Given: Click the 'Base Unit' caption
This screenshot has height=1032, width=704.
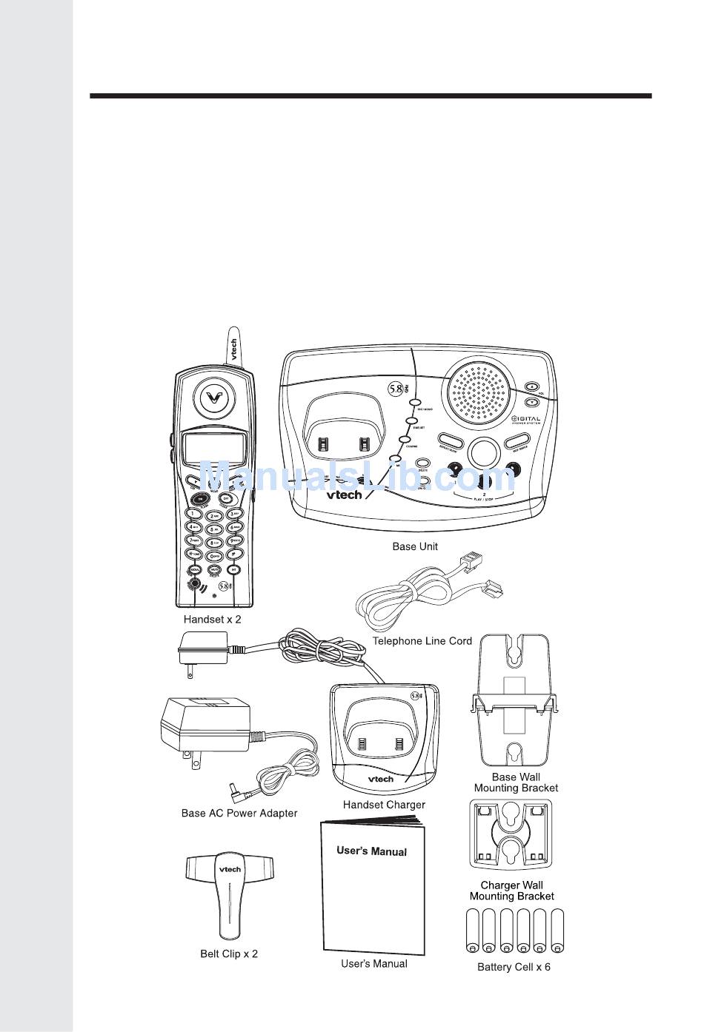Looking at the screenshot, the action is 414,546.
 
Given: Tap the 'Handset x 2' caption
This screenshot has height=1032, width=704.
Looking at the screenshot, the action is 212,619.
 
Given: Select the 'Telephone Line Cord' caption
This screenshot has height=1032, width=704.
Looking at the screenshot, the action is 422,641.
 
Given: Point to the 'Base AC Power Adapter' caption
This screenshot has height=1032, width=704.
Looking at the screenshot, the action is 239,813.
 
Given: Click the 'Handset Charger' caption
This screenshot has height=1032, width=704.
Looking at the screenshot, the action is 384,804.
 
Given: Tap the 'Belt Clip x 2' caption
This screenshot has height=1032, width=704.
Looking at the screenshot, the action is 229,954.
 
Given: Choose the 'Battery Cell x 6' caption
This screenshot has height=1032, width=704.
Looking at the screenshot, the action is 514,967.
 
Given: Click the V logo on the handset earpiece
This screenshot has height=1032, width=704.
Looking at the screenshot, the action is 213,398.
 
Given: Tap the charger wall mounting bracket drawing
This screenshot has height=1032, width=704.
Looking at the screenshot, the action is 511,835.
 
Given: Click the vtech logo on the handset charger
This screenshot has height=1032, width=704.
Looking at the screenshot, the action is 381,779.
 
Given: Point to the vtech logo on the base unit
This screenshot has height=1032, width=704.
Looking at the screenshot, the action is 345,494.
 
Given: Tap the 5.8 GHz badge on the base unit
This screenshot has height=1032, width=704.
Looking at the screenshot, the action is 398,388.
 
